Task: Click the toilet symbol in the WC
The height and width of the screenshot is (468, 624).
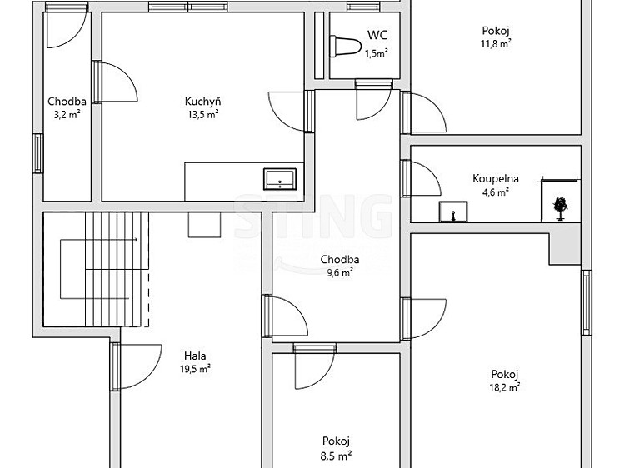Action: point(345,47)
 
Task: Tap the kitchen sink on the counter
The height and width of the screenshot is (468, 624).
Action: point(280,179)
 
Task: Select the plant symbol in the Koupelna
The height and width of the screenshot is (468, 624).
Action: point(560,208)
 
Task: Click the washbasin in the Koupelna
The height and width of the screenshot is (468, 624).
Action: point(453,212)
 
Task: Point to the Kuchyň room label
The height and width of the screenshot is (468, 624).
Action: point(203,102)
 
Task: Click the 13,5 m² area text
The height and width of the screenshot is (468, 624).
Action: point(203,115)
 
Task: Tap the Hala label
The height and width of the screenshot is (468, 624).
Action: point(195,356)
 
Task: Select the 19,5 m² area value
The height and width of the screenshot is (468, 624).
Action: point(195,369)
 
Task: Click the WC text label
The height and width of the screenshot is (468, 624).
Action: point(377,35)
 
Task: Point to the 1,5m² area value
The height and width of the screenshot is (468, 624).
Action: point(377,53)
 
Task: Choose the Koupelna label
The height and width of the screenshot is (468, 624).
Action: point(496,179)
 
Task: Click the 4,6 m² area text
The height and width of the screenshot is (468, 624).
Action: point(495,192)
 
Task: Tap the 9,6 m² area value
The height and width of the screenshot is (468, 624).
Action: point(339,273)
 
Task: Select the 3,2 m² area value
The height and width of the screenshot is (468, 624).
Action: point(67,115)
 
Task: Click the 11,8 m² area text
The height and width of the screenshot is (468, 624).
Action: point(496,44)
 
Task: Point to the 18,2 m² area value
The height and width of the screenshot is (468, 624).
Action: point(505,387)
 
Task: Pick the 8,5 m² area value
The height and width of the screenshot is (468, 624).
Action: point(337,456)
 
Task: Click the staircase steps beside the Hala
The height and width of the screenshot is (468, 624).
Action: point(117,269)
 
